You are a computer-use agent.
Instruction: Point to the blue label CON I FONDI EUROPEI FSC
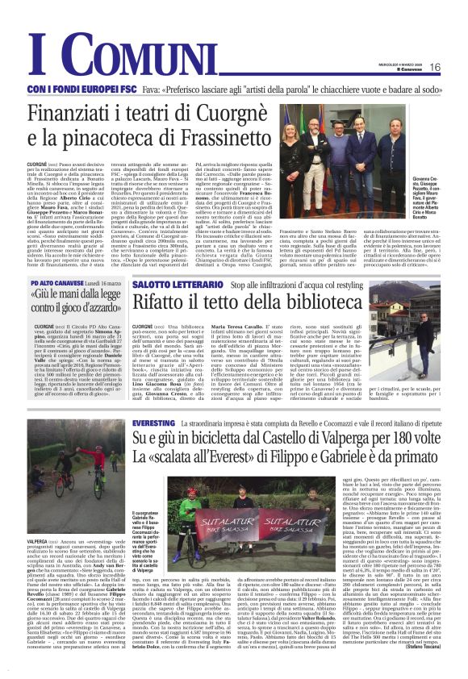75,89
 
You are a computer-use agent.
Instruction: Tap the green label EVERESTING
153,423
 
